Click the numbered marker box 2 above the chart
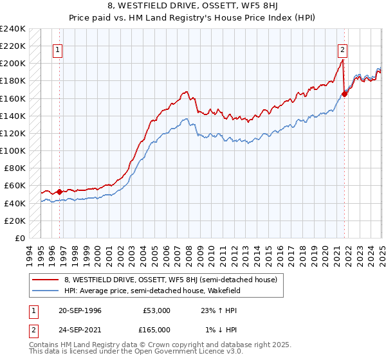click(x=343, y=49)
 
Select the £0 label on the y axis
click(x=19, y=238)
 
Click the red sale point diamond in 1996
click(x=59, y=192)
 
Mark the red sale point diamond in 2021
click(x=345, y=94)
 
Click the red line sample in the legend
click(x=44, y=280)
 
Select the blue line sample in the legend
click(x=44, y=291)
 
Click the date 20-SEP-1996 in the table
click(x=78, y=310)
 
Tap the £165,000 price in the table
click(x=157, y=330)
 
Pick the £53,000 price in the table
click(x=157, y=310)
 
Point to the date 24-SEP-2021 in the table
click(x=78, y=330)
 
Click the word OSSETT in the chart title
click(x=205, y=6)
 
